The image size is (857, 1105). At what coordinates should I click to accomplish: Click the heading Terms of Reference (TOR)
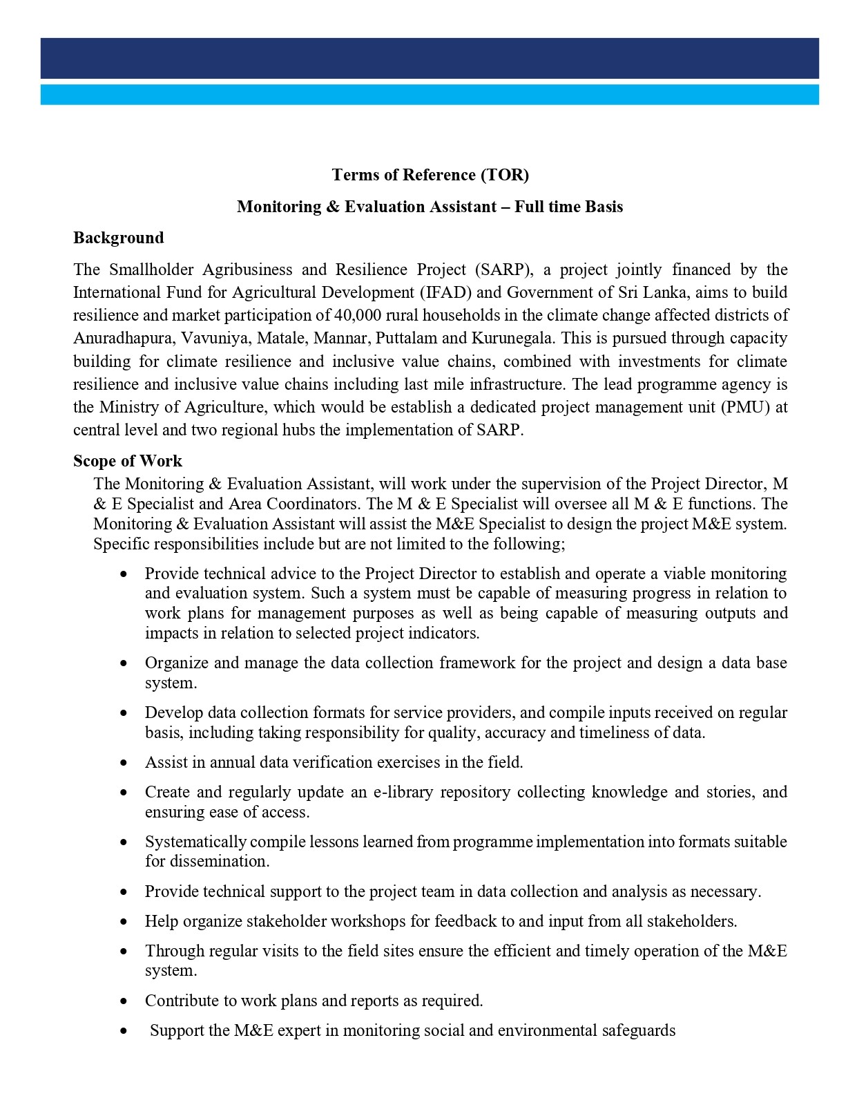430,175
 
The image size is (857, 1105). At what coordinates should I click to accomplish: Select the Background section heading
118,238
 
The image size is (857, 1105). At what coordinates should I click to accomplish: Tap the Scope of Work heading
127,461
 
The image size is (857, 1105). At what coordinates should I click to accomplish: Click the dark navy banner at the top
429,58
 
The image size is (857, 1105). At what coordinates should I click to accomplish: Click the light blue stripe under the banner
429,95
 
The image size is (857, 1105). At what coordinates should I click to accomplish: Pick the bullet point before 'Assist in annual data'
124,763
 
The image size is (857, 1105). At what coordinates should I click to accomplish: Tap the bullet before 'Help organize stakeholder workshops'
124,922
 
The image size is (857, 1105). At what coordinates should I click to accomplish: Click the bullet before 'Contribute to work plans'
124,1001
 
